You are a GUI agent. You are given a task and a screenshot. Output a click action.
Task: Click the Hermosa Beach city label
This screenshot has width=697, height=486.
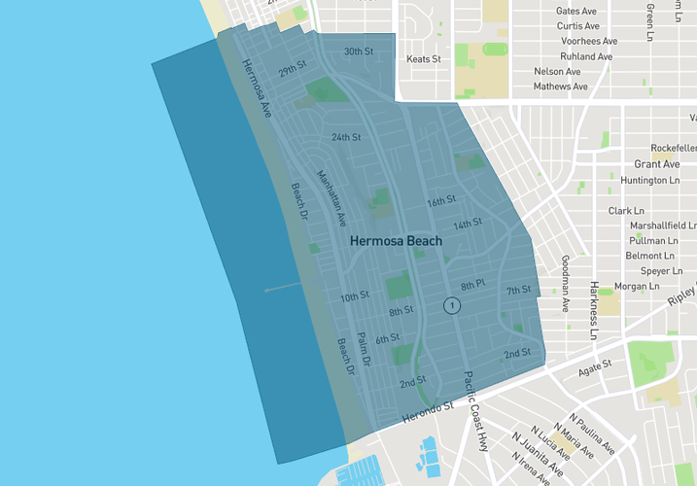click(396, 241)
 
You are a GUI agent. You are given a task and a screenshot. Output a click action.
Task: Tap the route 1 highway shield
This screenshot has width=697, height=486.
click(451, 305)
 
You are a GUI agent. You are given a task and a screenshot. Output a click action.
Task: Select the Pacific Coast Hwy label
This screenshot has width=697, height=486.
click(475, 411)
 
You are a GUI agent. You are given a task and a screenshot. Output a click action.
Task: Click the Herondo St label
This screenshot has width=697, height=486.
click(429, 412)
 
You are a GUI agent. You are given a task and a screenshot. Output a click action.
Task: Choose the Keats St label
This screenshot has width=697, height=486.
click(423, 59)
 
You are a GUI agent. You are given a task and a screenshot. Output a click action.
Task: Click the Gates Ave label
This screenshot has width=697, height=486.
click(576, 11)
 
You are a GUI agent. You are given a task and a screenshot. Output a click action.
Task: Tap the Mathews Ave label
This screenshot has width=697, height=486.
click(560, 87)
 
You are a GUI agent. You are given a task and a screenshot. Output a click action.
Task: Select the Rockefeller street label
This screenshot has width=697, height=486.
click(674, 148)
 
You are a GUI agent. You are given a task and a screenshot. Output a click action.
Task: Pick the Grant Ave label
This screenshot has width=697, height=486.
click(656, 164)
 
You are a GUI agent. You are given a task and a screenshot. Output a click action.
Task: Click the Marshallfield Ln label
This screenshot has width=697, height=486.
click(663, 225)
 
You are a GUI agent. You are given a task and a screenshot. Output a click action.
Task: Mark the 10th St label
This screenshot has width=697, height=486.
click(354, 296)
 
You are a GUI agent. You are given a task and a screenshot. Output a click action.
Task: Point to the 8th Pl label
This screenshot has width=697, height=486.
click(472, 285)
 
